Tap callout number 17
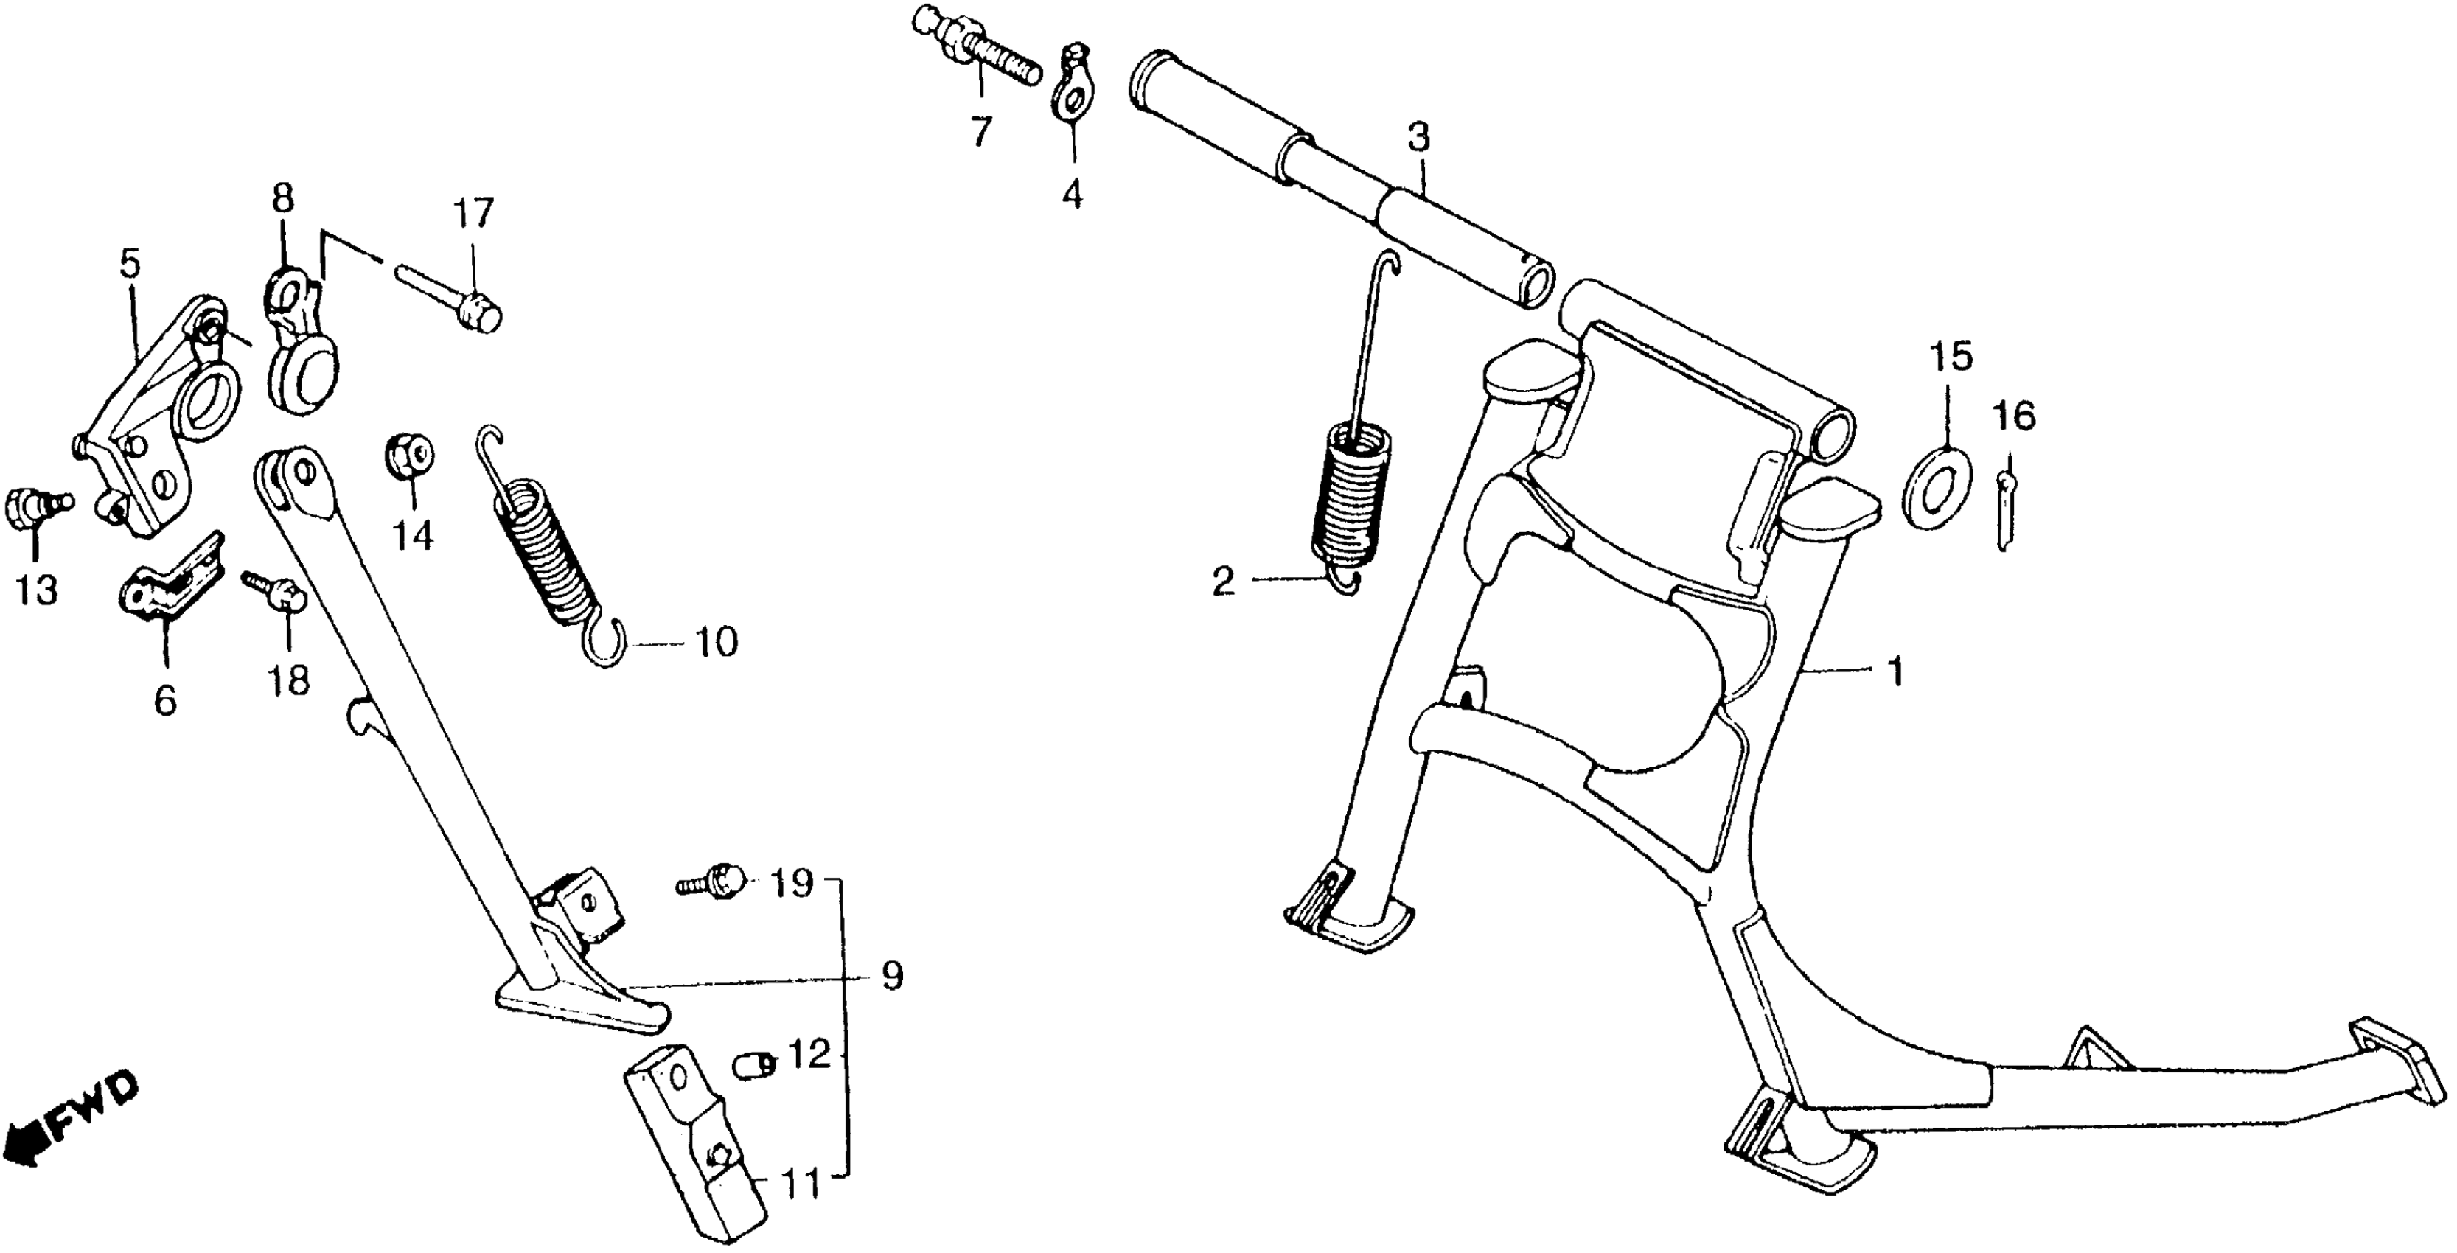[x=473, y=214]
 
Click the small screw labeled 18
[x=275, y=590]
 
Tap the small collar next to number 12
[x=756, y=1064]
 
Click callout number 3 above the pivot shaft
[x=1418, y=139]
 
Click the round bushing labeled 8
[x=301, y=353]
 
